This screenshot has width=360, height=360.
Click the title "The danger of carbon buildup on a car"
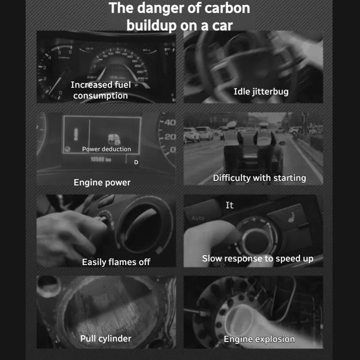click(x=180, y=16)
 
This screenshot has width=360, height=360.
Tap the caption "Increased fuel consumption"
click(x=101, y=90)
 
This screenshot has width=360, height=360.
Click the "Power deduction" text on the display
click(x=107, y=149)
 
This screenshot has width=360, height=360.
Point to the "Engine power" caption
click(x=102, y=182)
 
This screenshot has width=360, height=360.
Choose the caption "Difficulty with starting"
click(x=259, y=178)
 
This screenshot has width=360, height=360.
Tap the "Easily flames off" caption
click(x=116, y=262)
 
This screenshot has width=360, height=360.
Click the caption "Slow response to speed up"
click(x=257, y=259)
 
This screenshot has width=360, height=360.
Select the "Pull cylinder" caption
click(x=106, y=338)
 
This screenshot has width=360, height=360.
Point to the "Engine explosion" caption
click(x=259, y=339)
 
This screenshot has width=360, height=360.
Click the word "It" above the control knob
click(x=229, y=205)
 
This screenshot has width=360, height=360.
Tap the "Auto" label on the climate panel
click(x=198, y=218)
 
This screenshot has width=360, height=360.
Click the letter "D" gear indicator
click(x=136, y=162)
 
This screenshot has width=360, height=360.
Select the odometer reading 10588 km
click(x=101, y=159)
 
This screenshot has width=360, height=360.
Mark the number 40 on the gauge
click(x=170, y=122)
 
